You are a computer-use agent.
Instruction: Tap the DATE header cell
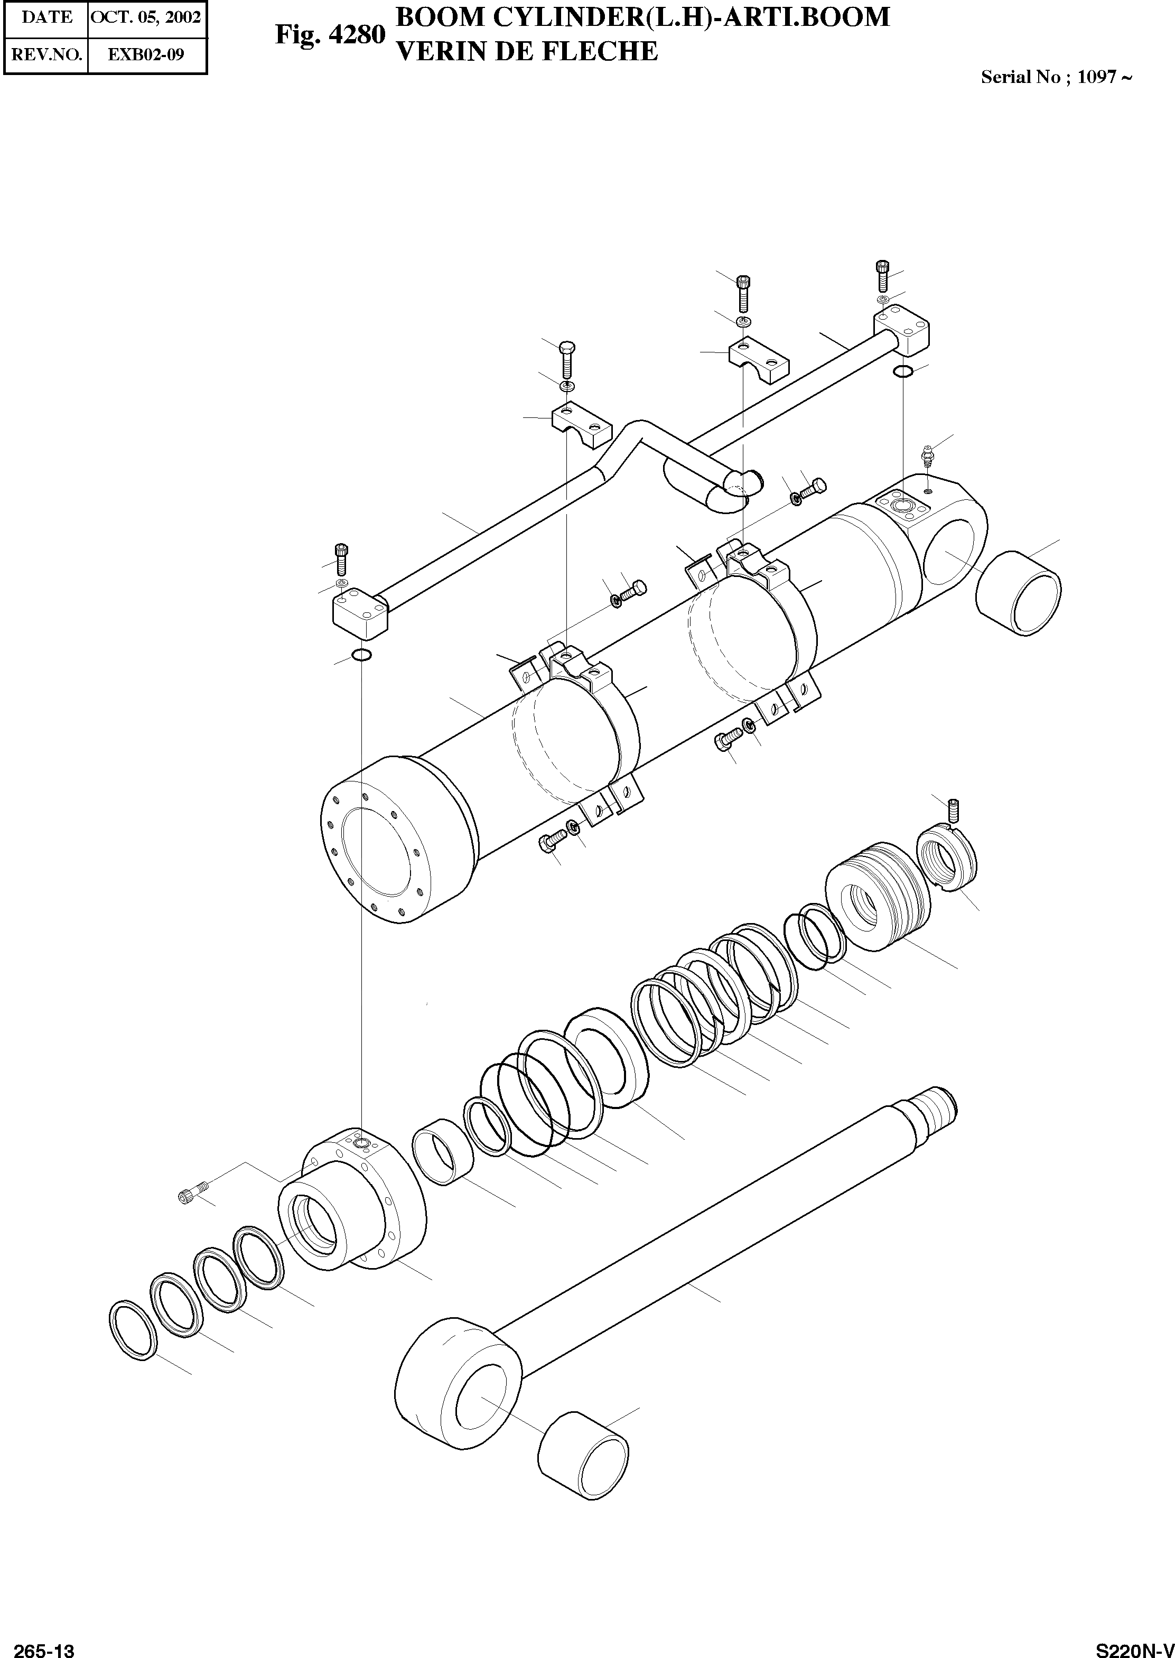(46, 17)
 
